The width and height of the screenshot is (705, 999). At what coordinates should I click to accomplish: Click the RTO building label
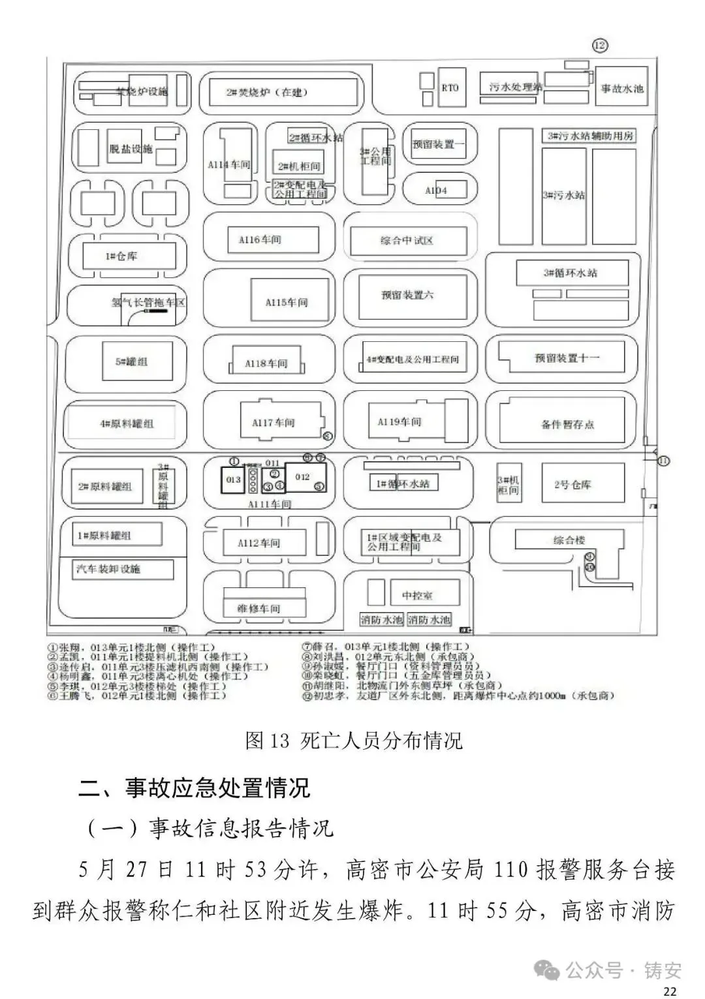pyautogui.click(x=450, y=87)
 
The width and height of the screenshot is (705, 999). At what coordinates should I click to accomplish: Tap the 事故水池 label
pyautogui.click(x=621, y=88)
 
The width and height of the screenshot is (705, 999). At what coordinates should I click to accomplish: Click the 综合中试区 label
pyautogui.click(x=407, y=241)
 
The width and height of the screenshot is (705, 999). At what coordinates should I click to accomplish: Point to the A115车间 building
pyautogui.click(x=286, y=302)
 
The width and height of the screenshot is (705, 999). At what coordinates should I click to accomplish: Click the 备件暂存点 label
pyautogui.click(x=567, y=424)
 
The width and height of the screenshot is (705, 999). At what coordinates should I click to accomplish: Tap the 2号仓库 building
pyautogui.click(x=572, y=484)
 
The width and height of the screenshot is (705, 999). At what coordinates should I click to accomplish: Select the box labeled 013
pyautogui.click(x=233, y=480)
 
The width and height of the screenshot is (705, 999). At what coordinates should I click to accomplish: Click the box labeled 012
pyautogui.click(x=302, y=477)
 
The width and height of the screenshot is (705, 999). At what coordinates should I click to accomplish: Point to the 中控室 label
pyautogui.click(x=417, y=595)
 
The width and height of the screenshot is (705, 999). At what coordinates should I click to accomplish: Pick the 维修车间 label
pyautogui.click(x=259, y=608)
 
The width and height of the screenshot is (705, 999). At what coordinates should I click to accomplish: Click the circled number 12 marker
pyautogui.click(x=600, y=45)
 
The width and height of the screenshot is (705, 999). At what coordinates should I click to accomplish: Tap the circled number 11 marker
pyautogui.click(x=663, y=461)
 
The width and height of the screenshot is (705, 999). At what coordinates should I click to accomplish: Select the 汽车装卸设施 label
pyautogui.click(x=108, y=569)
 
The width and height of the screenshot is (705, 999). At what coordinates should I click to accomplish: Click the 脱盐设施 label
pyautogui.click(x=131, y=149)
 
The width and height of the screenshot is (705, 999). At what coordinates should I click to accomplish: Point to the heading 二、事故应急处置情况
pyautogui.click(x=194, y=788)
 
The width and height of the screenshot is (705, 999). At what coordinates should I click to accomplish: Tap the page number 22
pyautogui.click(x=669, y=991)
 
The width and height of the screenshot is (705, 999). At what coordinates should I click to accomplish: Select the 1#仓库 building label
pyautogui.click(x=121, y=256)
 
